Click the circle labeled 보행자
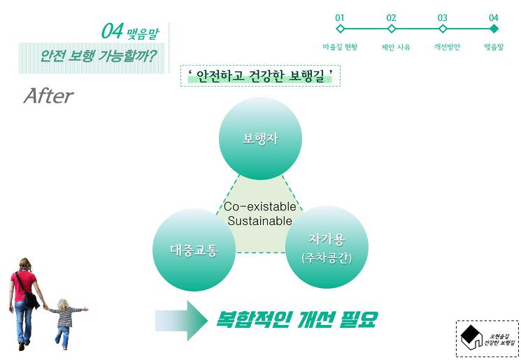(260, 138)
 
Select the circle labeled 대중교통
(194, 250)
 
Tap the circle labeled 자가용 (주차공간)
(327, 247)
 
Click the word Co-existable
(260, 207)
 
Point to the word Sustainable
(260, 221)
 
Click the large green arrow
(181, 320)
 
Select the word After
(48, 96)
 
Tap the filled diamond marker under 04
(494, 29)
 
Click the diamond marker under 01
(341, 29)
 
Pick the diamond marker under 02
(392, 29)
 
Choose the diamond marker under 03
(443, 29)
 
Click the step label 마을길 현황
(340, 47)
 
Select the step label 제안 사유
(396, 47)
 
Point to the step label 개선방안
(447, 47)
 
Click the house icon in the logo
(471, 337)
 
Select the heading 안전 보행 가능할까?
(98, 56)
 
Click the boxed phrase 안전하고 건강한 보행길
(260, 76)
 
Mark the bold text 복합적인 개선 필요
(297, 320)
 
